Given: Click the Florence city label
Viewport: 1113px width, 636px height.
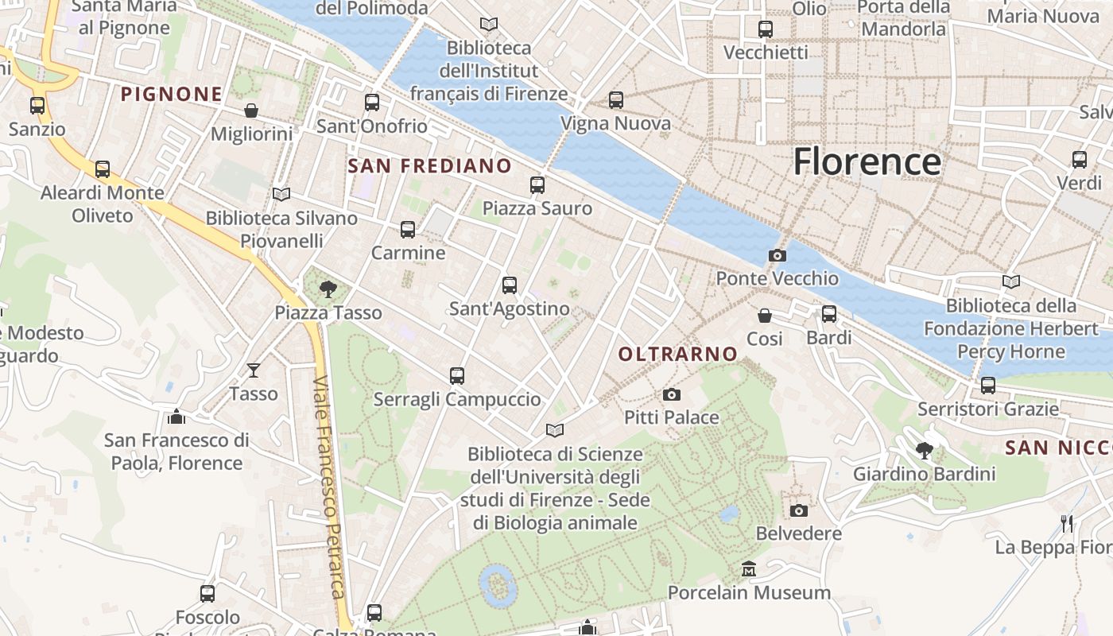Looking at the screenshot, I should tap(867, 161).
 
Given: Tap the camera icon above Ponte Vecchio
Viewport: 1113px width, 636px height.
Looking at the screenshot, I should tap(778, 255).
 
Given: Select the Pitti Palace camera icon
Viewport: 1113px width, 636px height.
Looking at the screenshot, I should tap(672, 394).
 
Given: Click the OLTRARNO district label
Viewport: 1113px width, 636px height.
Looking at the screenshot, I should tap(678, 354).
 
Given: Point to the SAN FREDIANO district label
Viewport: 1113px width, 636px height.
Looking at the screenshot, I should tap(430, 166).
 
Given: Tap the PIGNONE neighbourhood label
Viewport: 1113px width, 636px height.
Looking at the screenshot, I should tap(172, 95).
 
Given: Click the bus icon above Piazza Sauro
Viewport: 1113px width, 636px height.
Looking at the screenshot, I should tap(537, 185).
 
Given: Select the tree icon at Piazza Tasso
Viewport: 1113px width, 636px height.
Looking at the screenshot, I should tap(328, 289).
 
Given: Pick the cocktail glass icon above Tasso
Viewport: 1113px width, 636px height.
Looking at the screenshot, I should tap(254, 370).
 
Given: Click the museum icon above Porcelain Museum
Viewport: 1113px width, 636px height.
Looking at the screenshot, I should tap(749, 569).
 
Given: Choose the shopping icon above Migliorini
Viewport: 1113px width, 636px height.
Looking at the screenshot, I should tap(251, 111).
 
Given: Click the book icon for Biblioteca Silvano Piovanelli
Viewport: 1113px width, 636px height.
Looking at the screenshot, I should tap(281, 194).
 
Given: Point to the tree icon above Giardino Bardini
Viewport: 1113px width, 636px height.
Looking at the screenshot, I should tap(924, 451).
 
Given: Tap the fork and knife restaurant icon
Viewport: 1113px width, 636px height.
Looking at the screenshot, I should tap(1067, 524).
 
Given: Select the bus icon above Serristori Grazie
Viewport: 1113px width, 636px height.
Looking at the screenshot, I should tap(988, 386).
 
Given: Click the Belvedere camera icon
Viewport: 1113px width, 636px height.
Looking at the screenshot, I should tap(799, 510).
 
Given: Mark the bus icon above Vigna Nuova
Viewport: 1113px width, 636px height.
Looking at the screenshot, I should tap(616, 100).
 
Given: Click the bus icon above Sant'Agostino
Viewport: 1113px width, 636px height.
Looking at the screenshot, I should tap(510, 285).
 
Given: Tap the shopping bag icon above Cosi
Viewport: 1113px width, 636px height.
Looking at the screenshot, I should tap(765, 316).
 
